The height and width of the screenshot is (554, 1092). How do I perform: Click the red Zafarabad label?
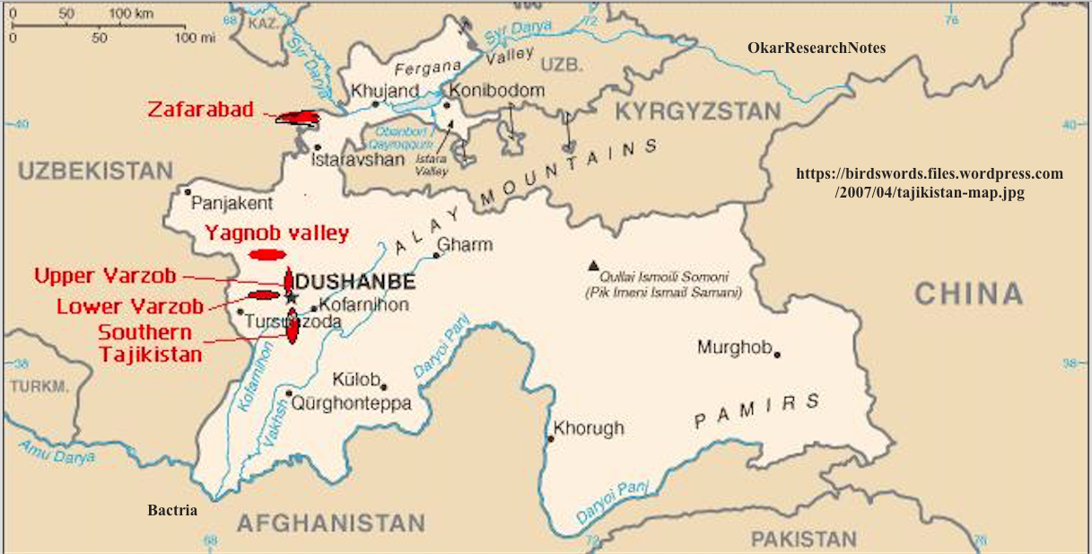coord(197,110)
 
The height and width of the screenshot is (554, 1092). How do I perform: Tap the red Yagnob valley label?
coord(276,233)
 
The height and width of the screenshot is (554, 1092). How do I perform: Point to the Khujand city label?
coord(385,91)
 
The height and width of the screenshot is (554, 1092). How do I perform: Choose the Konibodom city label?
coord(497,91)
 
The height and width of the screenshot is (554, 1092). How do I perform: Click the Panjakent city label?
coord(232,204)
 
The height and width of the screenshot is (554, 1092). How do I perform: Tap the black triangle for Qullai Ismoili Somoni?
coord(593,265)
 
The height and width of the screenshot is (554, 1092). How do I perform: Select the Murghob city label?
coord(734,347)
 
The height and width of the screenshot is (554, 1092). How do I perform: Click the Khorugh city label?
coord(589,429)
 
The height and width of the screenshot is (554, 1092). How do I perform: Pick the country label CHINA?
coord(969,294)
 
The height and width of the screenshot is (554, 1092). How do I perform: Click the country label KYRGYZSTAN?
coord(698,112)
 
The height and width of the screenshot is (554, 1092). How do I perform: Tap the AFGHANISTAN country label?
coord(330,523)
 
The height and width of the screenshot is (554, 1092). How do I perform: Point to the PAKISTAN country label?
coord(803,539)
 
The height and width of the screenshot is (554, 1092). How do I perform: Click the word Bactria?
coord(172,511)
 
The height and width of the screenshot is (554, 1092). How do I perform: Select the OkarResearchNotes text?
coord(817,48)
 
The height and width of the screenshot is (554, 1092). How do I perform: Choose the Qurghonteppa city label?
coord(359,404)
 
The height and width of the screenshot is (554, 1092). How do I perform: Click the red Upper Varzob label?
coord(106,276)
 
